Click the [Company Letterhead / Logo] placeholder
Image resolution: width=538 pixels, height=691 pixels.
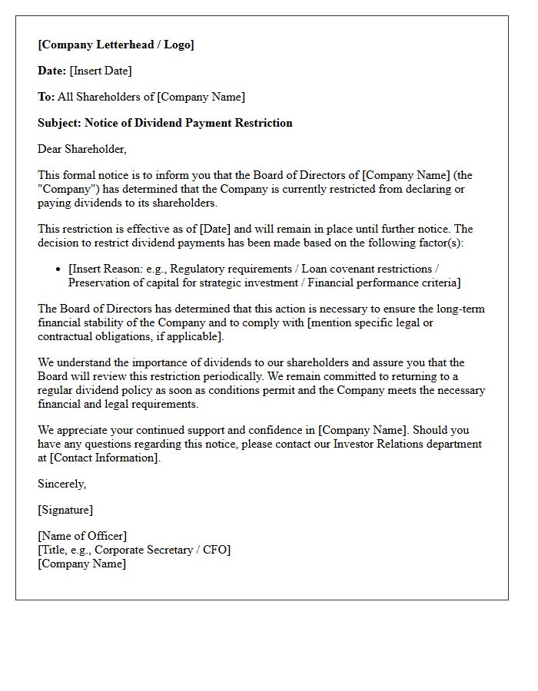(x=116, y=45)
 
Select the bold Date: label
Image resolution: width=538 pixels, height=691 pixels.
(x=51, y=71)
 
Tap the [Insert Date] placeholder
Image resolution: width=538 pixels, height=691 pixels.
(x=101, y=71)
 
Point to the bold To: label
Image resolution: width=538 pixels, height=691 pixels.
(x=46, y=97)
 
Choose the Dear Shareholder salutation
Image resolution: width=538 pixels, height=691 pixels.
(x=82, y=149)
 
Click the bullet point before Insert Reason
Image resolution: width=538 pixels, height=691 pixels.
(x=60, y=269)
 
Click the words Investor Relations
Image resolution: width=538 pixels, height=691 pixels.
(x=377, y=444)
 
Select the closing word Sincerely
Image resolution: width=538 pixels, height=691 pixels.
(x=61, y=484)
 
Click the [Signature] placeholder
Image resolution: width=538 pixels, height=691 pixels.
(x=65, y=510)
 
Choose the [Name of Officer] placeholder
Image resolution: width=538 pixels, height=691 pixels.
(x=82, y=536)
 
